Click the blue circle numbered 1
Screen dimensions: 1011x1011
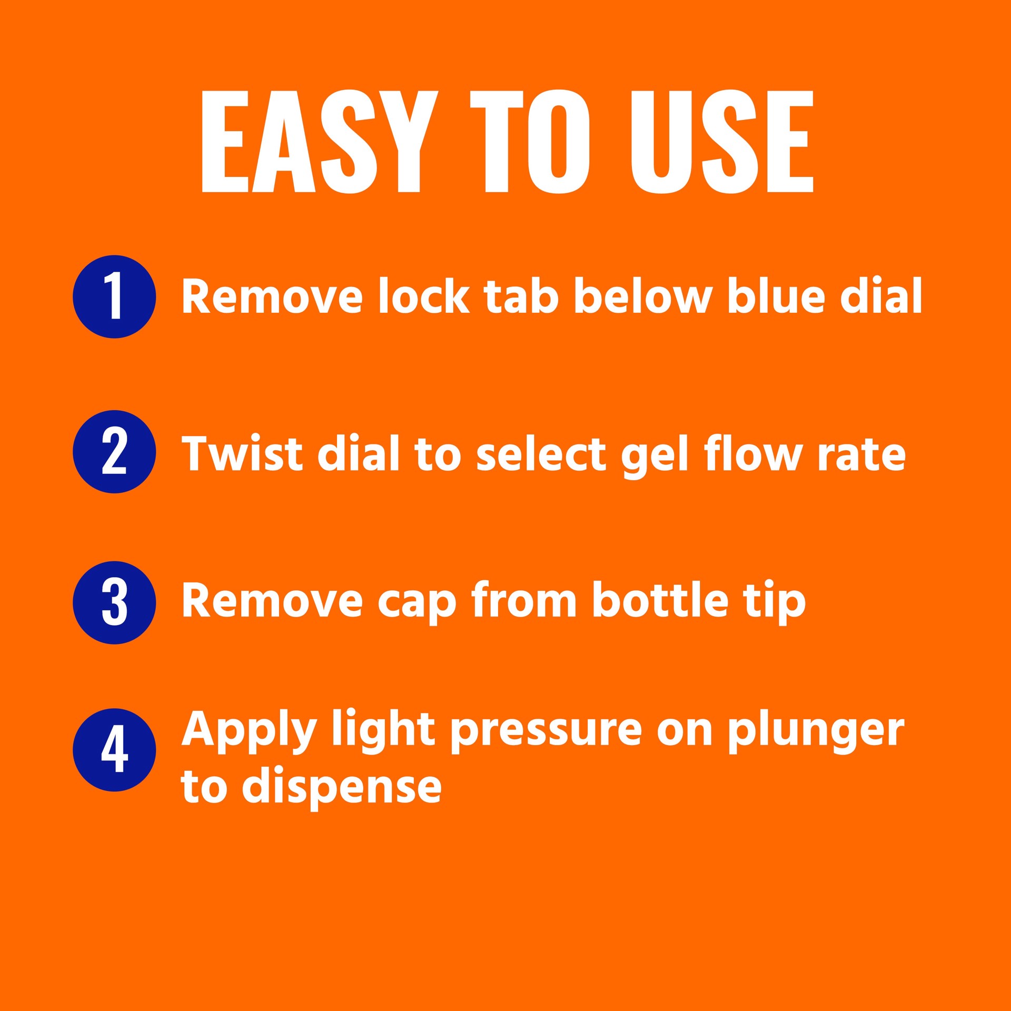click(x=114, y=296)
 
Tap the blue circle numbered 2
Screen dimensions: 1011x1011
click(x=114, y=452)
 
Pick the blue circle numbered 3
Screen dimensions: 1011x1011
click(x=114, y=602)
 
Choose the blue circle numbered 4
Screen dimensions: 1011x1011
click(x=114, y=750)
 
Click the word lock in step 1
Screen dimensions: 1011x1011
click(x=423, y=296)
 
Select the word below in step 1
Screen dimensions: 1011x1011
click(x=642, y=296)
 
